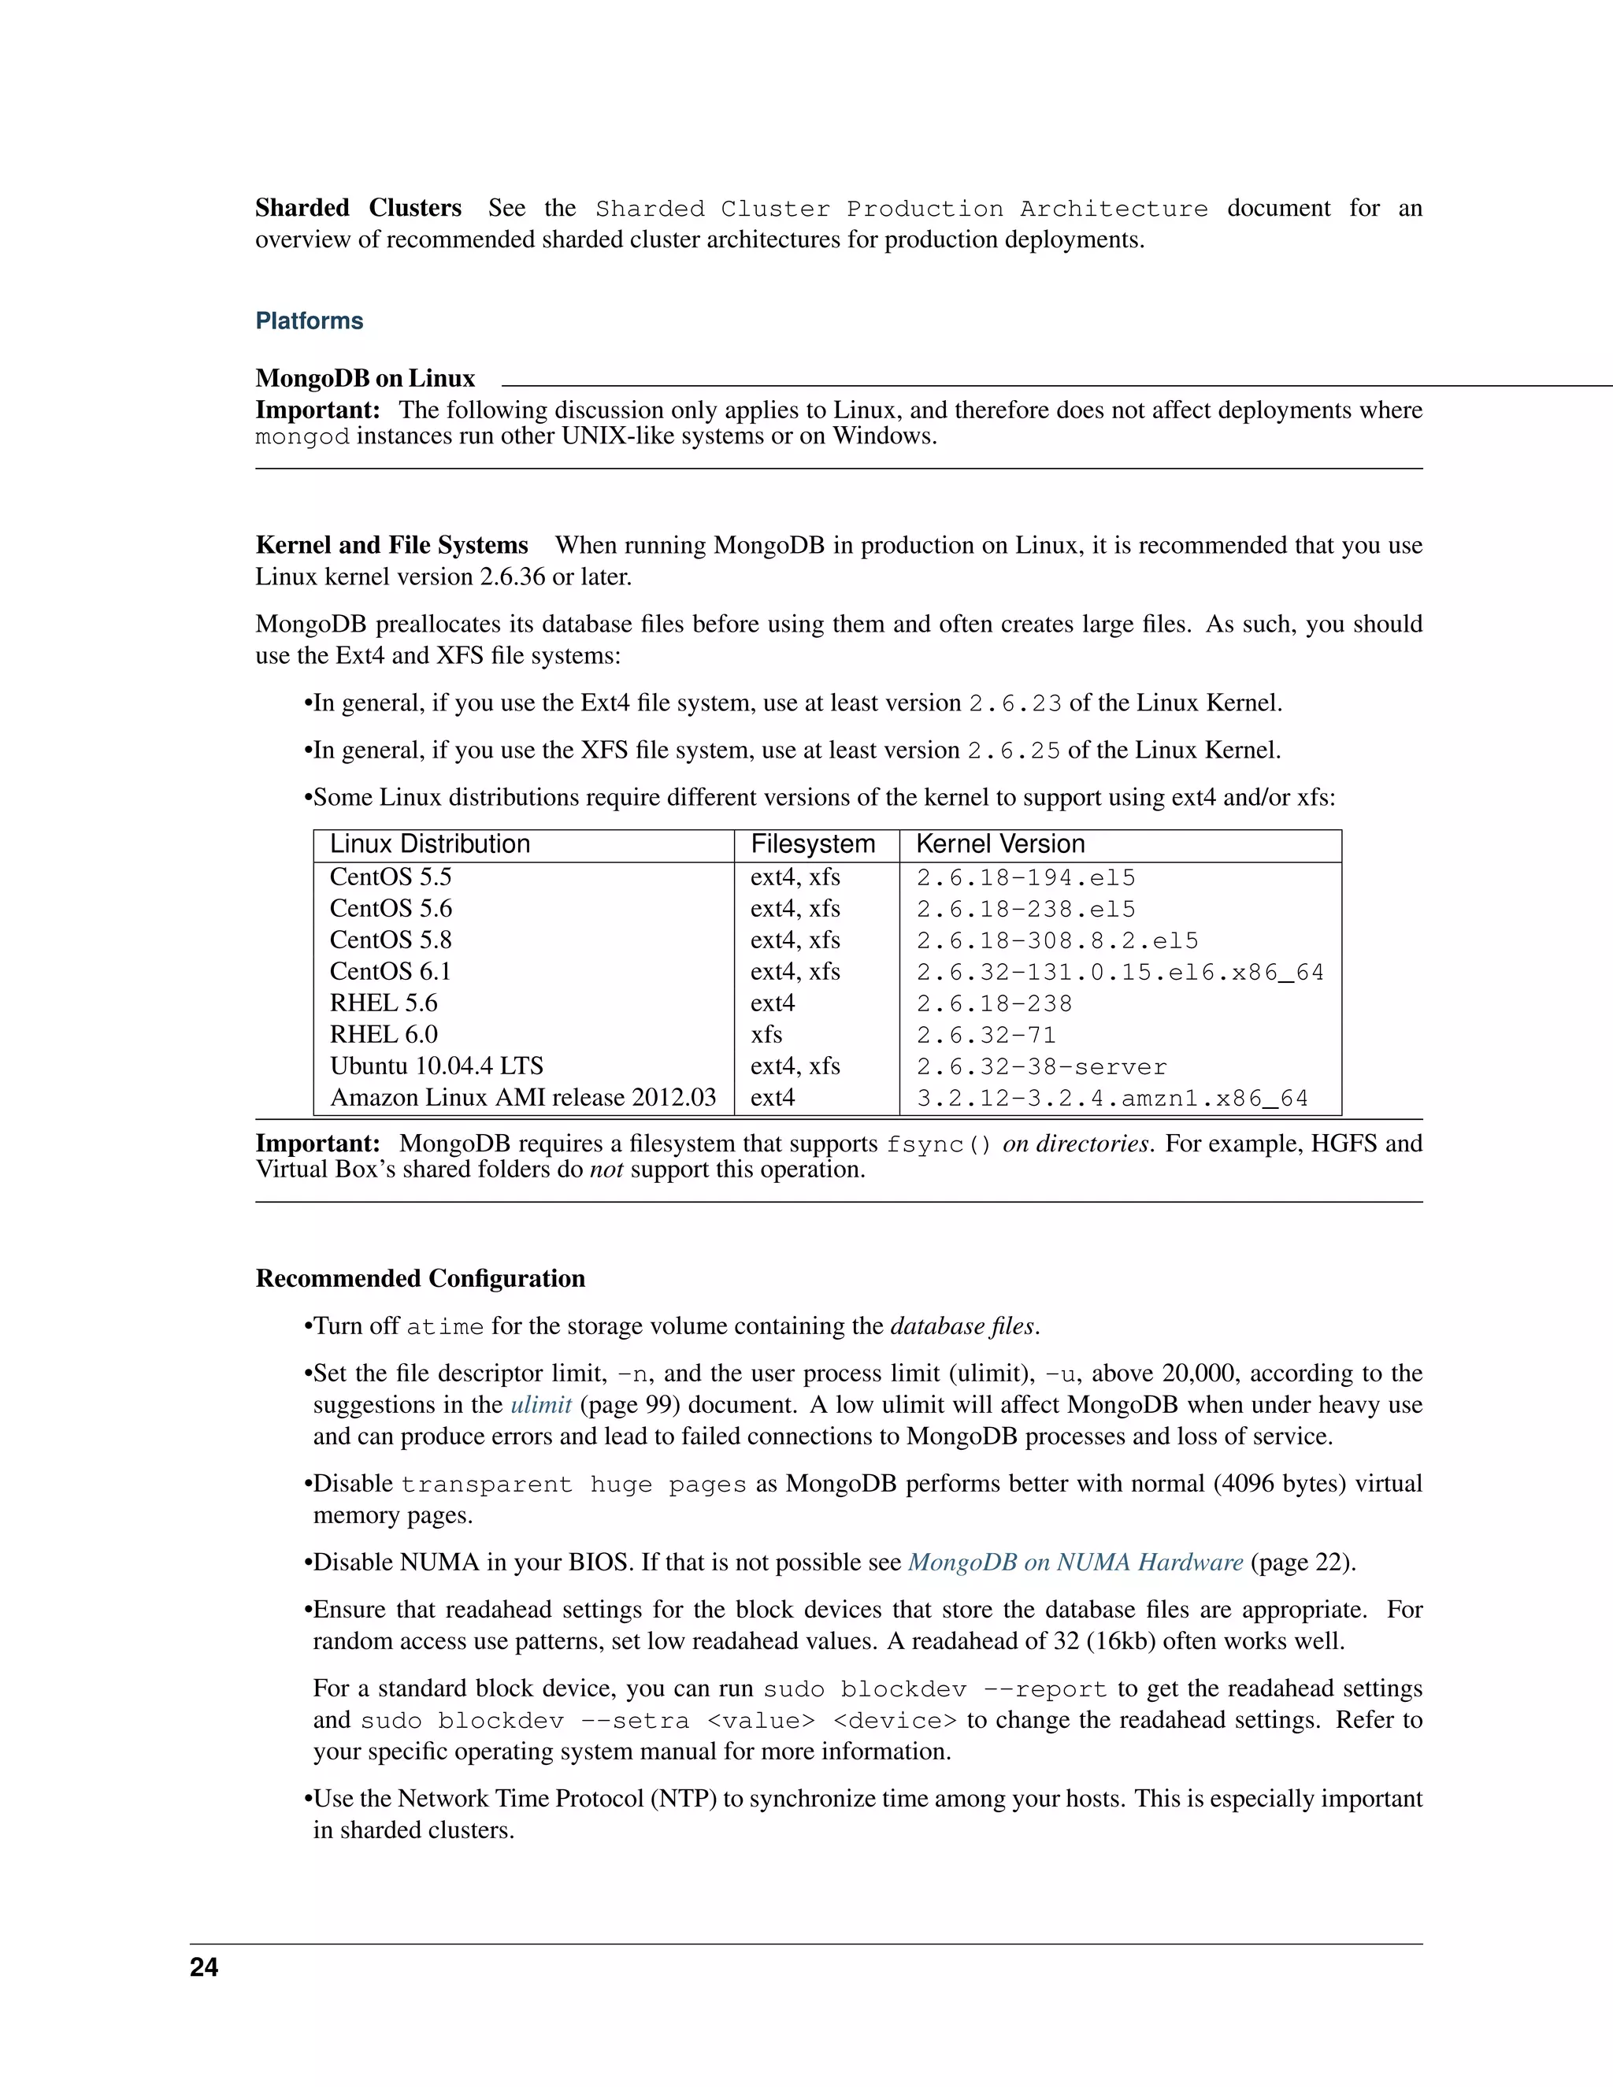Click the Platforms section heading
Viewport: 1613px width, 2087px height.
tap(309, 321)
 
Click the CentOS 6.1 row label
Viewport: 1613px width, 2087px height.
tap(390, 972)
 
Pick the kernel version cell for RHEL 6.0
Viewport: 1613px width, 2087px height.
tap(985, 1036)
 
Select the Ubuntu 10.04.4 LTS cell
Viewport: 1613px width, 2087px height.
tap(436, 1066)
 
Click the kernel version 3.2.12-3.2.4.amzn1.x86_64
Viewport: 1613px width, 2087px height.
tap(1111, 1099)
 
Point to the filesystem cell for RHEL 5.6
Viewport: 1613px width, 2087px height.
tap(772, 1003)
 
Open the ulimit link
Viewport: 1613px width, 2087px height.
tap(541, 1405)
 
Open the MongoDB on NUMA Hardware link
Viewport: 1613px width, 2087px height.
tap(1075, 1562)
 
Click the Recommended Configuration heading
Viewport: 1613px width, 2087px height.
tap(420, 1278)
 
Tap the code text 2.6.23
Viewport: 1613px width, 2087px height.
tap(1014, 704)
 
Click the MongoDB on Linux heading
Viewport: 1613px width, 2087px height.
tap(364, 378)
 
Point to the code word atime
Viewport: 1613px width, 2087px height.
tap(444, 1327)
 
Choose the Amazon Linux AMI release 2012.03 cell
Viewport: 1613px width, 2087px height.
tap(523, 1098)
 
